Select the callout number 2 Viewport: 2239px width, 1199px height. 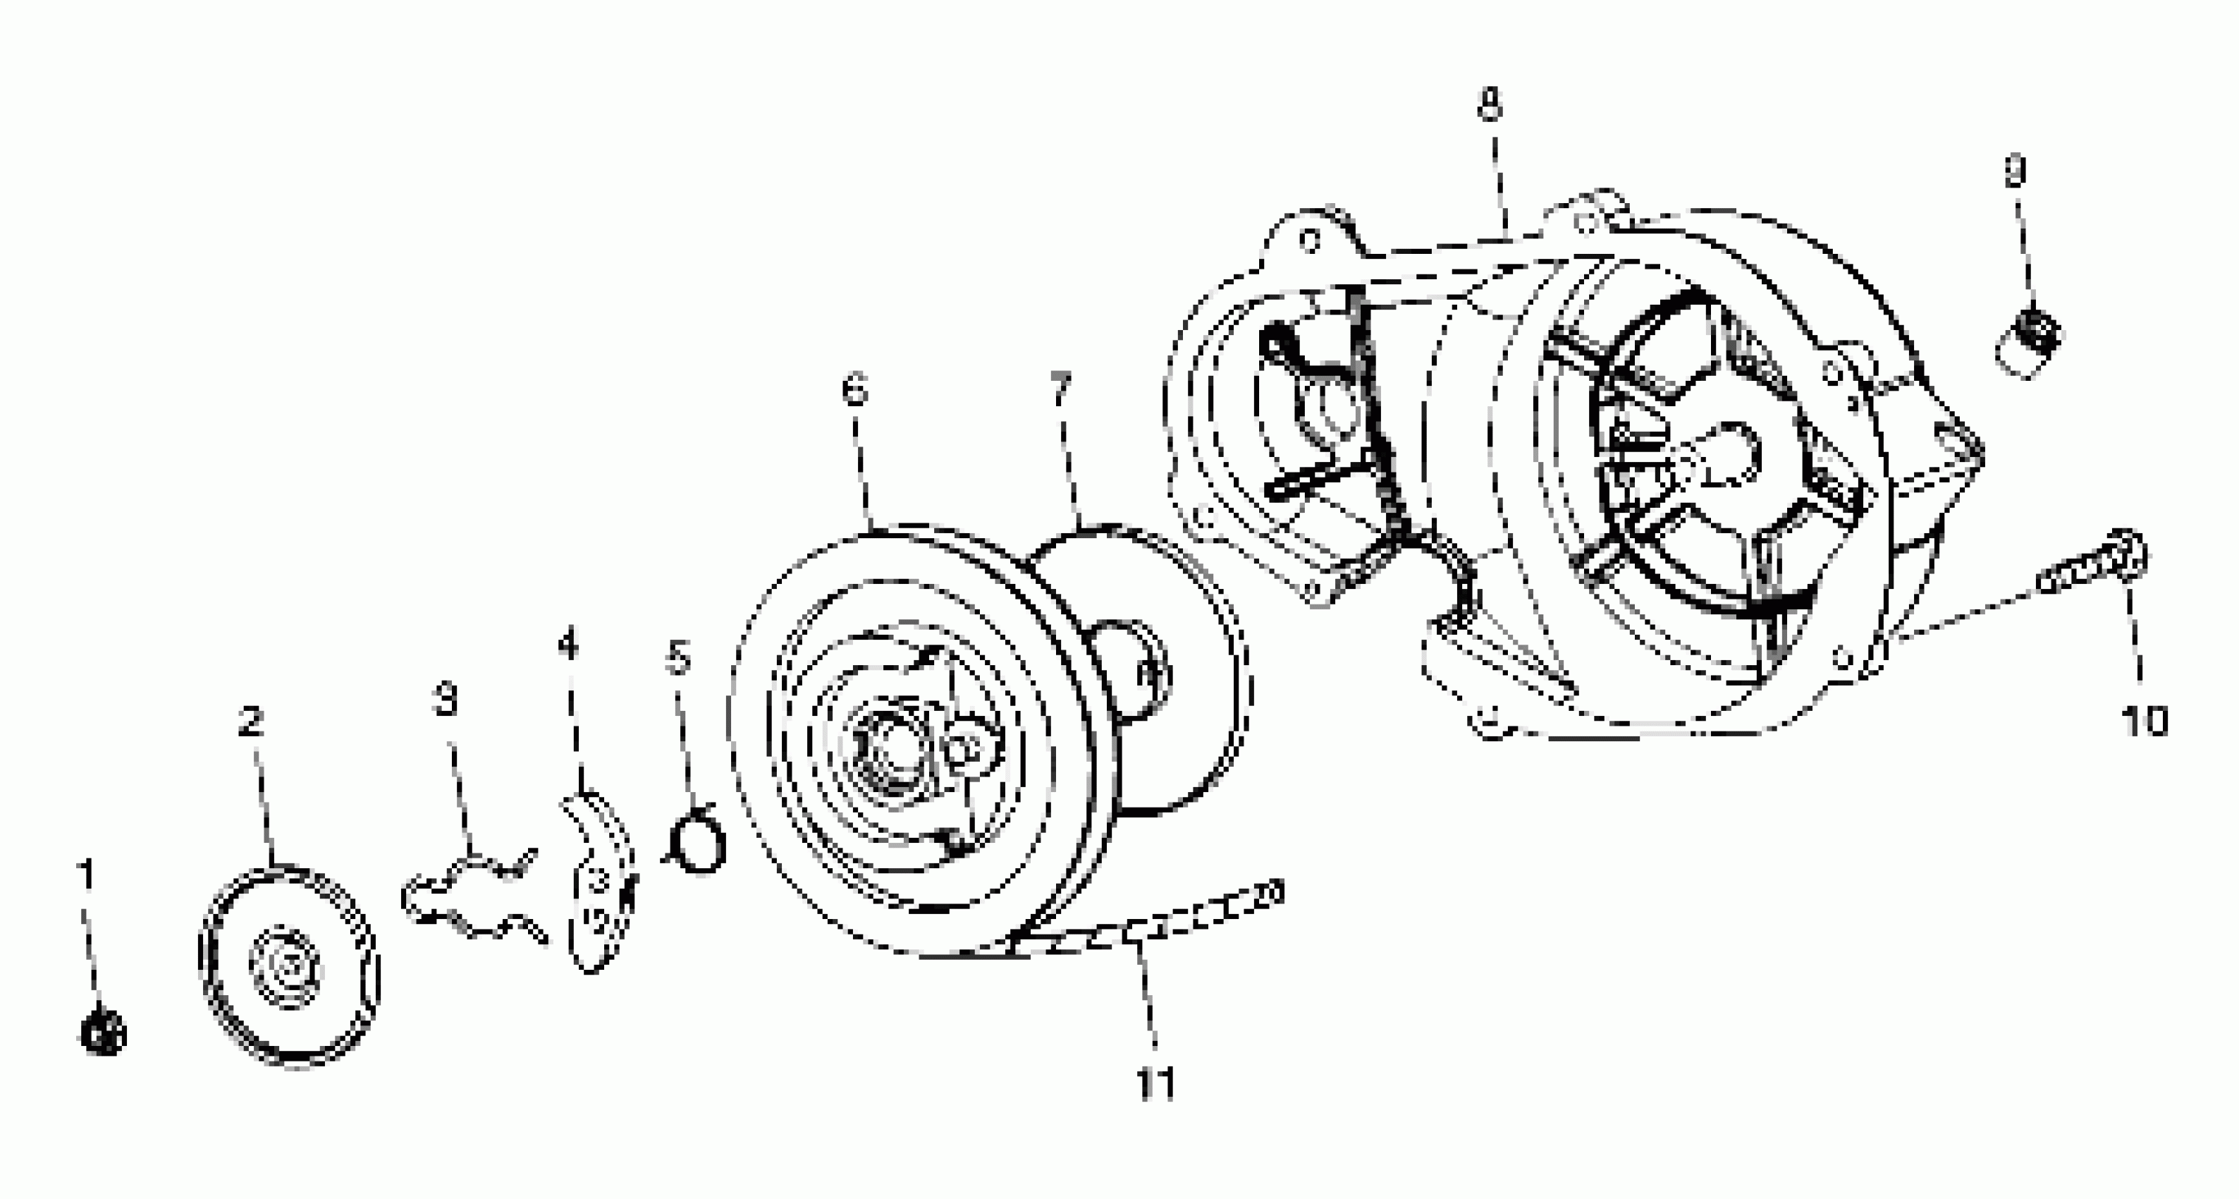[251, 722]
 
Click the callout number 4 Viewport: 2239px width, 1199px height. [568, 645]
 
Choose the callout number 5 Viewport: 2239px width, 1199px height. [678, 657]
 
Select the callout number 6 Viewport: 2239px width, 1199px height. [855, 389]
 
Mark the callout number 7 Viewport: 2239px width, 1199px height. [1060, 388]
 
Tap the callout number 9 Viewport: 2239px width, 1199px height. [2015, 171]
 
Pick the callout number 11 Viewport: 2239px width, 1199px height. [1156, 1083]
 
